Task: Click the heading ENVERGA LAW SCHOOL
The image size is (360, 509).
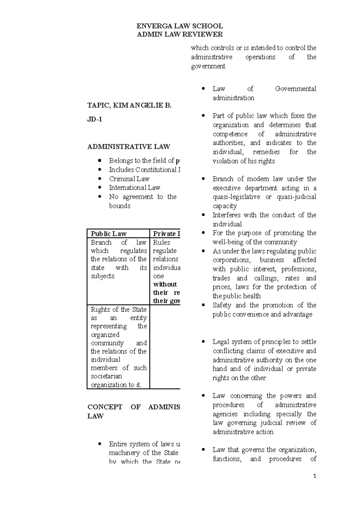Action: [180, 26]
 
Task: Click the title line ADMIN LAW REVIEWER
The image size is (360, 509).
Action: [180, 34]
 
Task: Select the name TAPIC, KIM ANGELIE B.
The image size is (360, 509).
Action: [129, 105]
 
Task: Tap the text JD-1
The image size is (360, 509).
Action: [94, 119]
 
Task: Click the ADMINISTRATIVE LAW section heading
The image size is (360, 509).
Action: [129, 147]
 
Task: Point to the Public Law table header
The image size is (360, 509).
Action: [109, 233]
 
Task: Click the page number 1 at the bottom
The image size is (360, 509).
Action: [314, 476]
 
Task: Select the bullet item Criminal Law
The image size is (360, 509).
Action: [129, 179]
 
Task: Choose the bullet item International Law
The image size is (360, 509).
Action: [134, 188]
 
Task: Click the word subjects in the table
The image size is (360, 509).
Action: [103, 276]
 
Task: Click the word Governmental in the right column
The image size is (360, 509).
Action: [295, 89]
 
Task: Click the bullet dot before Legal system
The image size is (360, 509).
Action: [204, 342]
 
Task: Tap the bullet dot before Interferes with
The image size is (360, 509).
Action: [204, 215]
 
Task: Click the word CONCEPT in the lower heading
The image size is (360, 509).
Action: [105, 407]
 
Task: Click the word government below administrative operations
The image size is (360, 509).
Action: [208, 66]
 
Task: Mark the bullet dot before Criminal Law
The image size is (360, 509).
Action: [100, 179]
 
